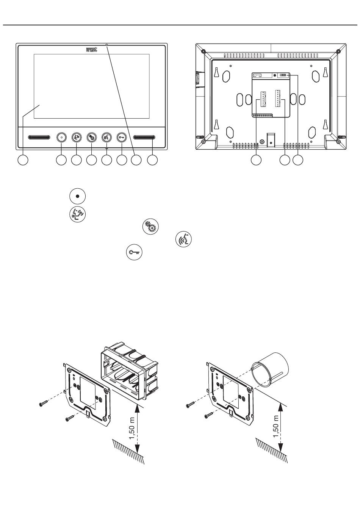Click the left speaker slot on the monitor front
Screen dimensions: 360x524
click(39, 137)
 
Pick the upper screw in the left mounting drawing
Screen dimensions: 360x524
click(43, 404)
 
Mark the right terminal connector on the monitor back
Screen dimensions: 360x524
click(279, 99)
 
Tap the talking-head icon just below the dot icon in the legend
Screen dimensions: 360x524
click(77, 214)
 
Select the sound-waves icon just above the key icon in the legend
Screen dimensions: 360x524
click(184, 240)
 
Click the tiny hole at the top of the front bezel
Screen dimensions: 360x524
click(107, 45)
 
